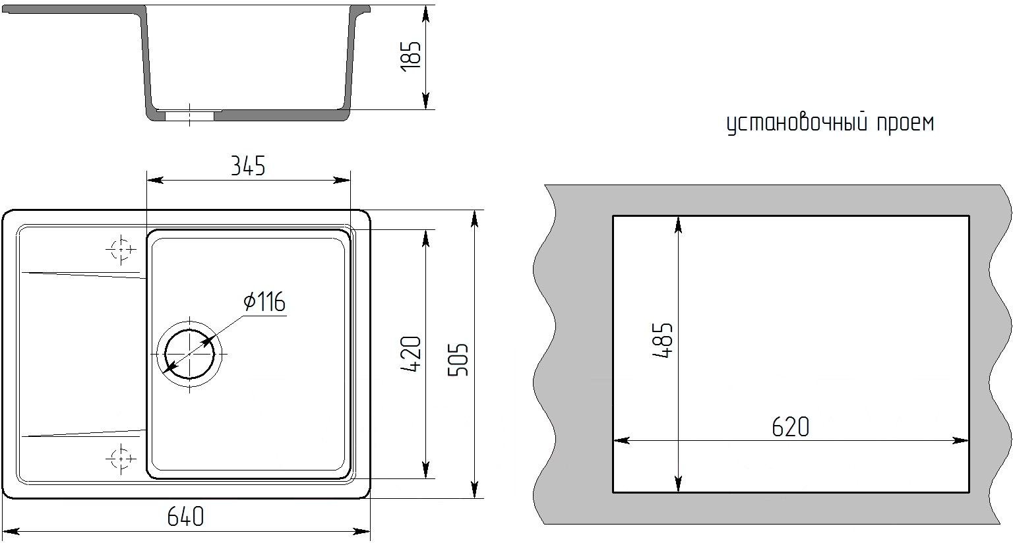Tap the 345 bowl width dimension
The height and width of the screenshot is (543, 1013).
tap(248, 166)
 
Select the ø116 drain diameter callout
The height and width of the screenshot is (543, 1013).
tap(264, 302)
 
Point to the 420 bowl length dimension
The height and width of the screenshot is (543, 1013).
tap(411, 354)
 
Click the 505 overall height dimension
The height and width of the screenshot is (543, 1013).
tap(458, 360)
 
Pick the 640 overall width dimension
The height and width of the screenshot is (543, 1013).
tap(185, 517)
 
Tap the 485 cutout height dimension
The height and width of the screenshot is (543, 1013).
tap(663, 341)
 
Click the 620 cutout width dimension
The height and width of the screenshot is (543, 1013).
tap(791, 427)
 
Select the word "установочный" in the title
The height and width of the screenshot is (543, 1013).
tap(797, 123)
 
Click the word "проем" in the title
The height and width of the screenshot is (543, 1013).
tap(906, 123)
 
